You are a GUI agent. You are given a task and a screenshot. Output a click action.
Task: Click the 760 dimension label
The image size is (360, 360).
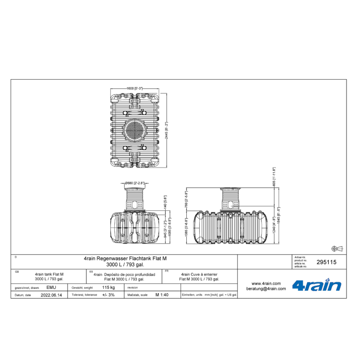(186, 199)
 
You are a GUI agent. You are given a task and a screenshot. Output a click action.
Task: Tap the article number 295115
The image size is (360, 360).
(326, 263)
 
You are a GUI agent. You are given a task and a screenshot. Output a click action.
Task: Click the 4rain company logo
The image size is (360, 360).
(316, 286)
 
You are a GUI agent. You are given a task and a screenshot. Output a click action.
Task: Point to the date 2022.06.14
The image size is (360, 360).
(51, 295)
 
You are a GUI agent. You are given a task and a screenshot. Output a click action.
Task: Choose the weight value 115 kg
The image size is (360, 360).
(108, 287)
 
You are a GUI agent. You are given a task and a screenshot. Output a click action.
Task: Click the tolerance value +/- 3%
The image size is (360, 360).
(108, 295)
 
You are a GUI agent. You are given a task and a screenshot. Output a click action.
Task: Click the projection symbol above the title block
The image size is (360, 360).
(337, 248)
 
